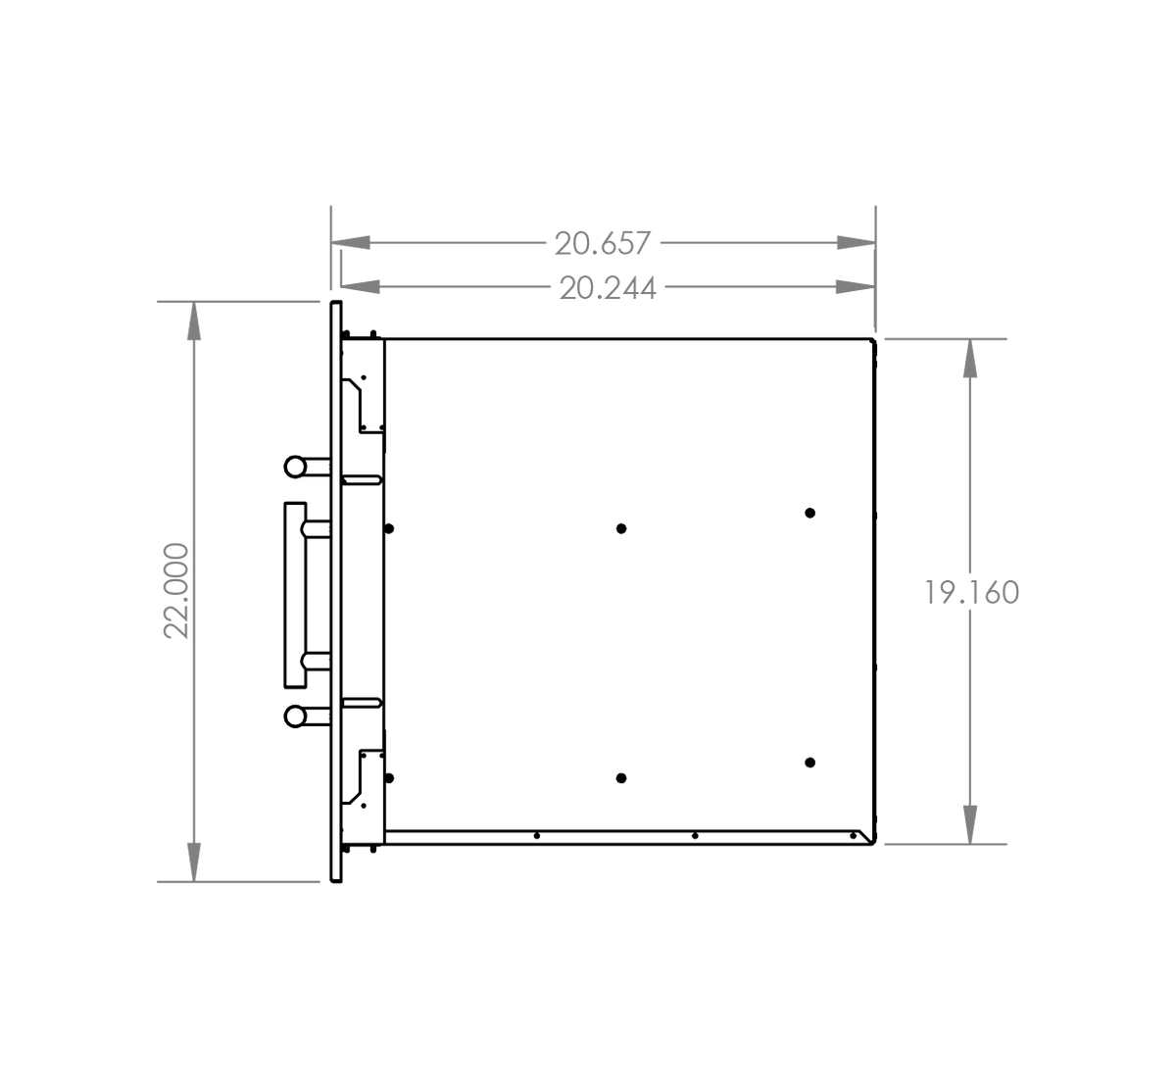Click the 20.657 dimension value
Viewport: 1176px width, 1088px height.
point(603,243)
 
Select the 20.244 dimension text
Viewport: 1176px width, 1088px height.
point(608,288)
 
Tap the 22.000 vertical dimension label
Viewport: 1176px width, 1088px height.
point(176,590)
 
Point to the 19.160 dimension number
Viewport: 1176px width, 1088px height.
point(972,593)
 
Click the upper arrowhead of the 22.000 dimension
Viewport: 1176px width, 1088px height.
point(194,321)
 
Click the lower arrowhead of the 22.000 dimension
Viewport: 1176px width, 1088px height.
point(194,863)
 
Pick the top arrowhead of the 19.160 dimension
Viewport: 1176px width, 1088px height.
point(970,359)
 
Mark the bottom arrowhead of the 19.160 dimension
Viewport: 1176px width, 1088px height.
point(970,824)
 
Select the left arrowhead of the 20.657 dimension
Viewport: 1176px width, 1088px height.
point(351,243)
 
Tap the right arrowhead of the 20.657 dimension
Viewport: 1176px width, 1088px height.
point(857,243)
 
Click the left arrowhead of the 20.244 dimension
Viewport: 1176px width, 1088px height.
point(360,286)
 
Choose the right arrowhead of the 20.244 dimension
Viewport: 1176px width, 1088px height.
point(857,286)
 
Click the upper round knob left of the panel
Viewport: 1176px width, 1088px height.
point(295,467)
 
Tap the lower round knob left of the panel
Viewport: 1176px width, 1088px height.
point(295,717)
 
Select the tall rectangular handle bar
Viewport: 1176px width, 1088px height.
point(296,595)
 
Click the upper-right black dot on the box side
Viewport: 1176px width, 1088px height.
point(810,513)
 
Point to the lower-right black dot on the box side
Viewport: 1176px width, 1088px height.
point(810,763)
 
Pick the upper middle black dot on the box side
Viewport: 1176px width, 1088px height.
point(621,528)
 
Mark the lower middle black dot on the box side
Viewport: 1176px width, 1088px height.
point(621,778)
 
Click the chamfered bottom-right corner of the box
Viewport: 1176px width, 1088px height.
point(867,837)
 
